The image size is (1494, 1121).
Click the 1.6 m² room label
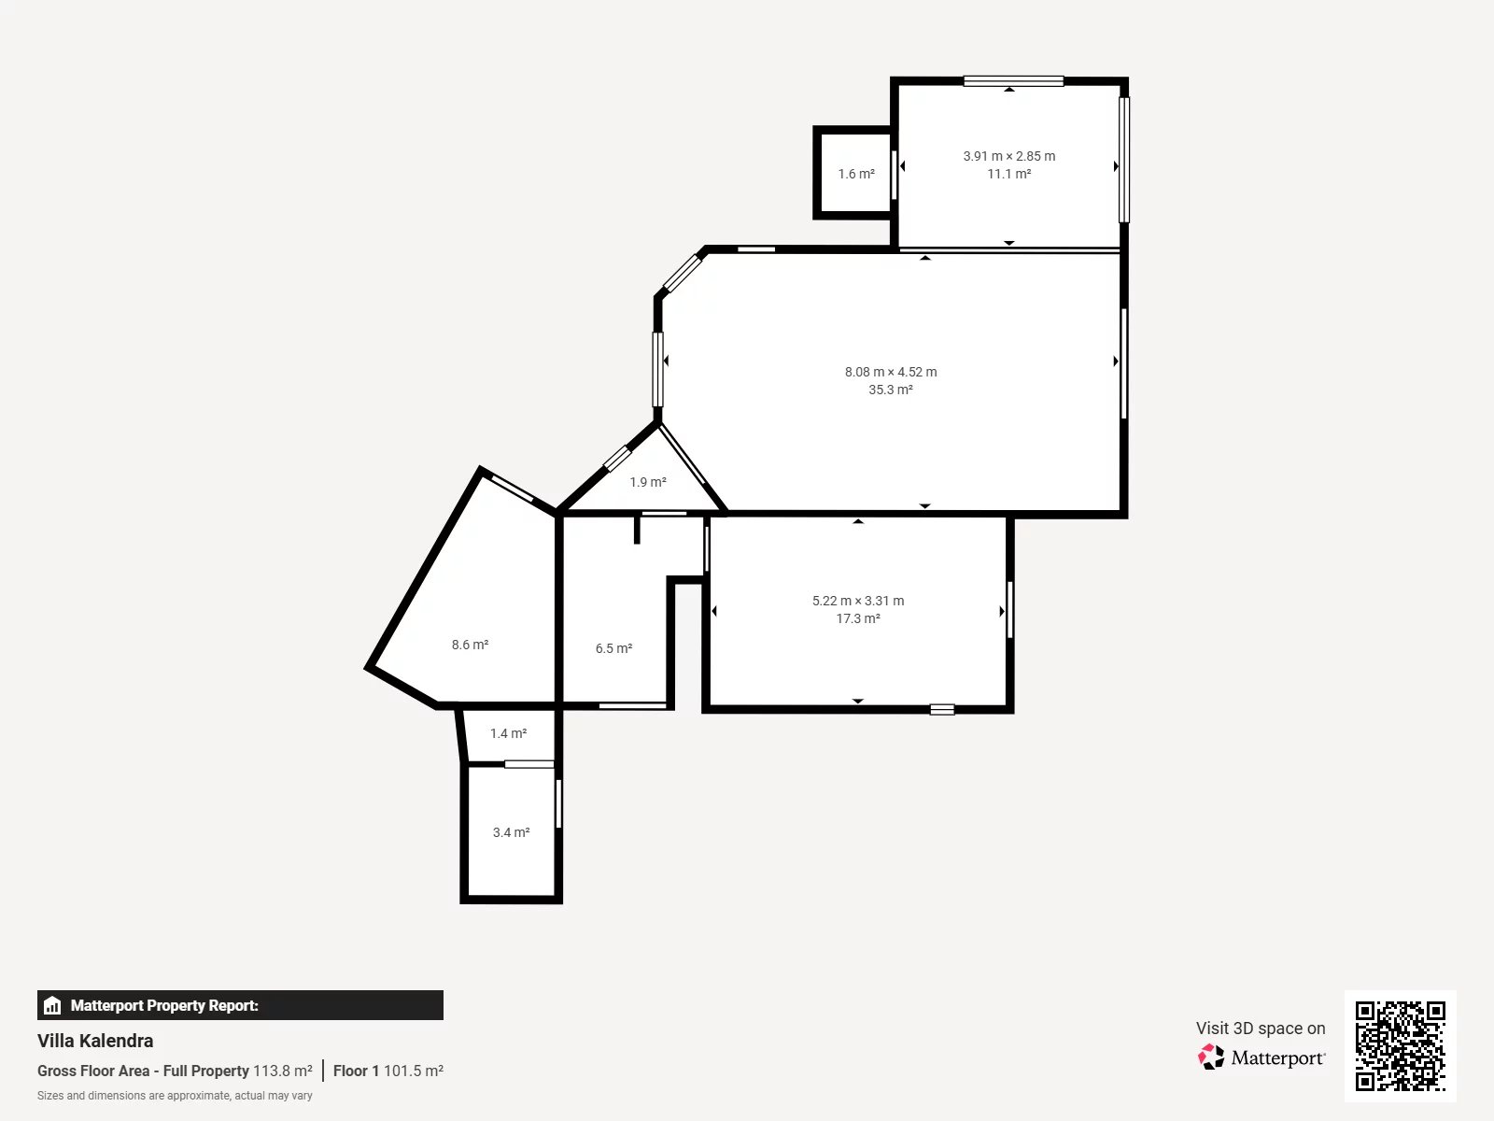tap(856, 174)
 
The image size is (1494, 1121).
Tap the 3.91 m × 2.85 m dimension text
tap(1009, 156)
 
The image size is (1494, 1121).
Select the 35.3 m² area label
tap(890, 390)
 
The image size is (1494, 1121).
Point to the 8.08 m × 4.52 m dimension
tap(890, 372)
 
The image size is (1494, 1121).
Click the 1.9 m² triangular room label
tap(647, 482)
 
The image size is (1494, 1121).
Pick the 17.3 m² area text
tap(858, 618)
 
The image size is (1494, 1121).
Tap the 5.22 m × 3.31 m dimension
tap(858, 601)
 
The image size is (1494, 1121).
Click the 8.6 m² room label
tap(470, 645)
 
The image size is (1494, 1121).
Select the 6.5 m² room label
tap(613, 648)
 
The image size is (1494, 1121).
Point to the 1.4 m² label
tap(508, 733)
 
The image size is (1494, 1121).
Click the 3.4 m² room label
tap(511, 832)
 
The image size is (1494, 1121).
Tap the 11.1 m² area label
tap(1009, 174)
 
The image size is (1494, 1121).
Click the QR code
tap(1400, 1045)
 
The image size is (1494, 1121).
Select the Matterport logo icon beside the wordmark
tap(1211, 1057)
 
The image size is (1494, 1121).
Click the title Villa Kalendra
tap(95, 1041)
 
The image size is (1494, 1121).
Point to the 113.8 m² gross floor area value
tap(283, 1071)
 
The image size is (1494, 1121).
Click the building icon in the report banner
tap(52, 1005)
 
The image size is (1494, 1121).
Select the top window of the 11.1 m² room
tap(1013, 81)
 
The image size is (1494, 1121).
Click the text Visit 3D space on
tap(1261, 1028)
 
